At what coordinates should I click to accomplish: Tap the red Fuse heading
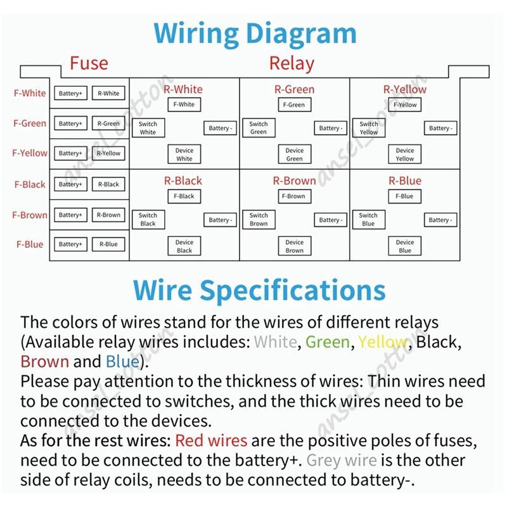click(89, 63)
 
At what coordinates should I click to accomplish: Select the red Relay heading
click(292, 63)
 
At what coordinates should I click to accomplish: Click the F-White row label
click(30, 93)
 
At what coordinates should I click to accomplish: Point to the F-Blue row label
click(30, 244)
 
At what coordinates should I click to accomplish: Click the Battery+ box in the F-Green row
click(70, 123)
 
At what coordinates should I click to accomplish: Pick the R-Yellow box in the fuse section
click(108, 153)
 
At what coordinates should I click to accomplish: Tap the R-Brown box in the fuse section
click(108, 215)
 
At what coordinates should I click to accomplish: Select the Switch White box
click(148, 128)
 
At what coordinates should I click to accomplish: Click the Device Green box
click(295, 154)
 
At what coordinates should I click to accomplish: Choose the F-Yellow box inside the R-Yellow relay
click(405, 105)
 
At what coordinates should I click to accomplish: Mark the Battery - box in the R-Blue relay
click(440, 220)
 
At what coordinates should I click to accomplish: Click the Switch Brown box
click(259, 219)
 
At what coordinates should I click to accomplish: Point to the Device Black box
click(184, 246)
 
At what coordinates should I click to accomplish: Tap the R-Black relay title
click(183, 181)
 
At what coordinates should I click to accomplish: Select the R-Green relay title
click(294, 89)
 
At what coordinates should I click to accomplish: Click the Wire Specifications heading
click(259, 291)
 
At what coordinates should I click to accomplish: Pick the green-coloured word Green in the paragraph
click(328, 342)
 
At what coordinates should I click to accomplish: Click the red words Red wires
click(211, 440)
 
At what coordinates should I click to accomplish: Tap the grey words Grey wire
click(342, 461)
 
